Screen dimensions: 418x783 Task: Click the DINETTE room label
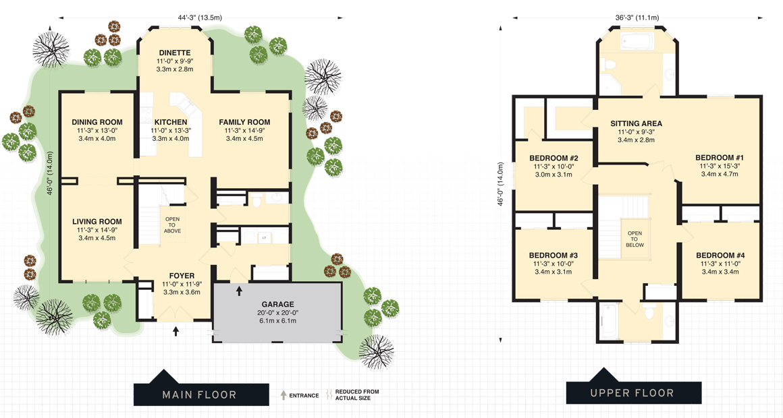click(x=175, y=53)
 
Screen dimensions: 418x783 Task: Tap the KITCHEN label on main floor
click(x=171, y=122)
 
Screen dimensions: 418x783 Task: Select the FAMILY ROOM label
click(x=244, y=122)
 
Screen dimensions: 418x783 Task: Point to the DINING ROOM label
click(x=97, y=122)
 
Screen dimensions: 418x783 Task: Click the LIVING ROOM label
click(x=97, y=221)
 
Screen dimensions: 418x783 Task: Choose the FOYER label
click(x=182, y=276)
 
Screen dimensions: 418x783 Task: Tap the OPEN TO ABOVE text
click(x=173, y=225)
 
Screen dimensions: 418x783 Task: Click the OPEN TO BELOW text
click(x=635, y=239)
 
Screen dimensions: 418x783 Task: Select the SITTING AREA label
click(x=636, y=123)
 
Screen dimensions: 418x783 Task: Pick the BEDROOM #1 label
click(x=720, y=158)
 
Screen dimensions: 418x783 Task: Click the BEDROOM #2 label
click(x=553, y=158)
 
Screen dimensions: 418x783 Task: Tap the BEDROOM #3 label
click(x=553, y=255)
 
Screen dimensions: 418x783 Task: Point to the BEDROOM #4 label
click(x=720, y=255)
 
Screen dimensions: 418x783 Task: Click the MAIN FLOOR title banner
click(x=199, y=394)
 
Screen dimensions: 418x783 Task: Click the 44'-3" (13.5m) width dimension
click(x=200, y=17)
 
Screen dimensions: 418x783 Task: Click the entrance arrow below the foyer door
click(x=176, y=330)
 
